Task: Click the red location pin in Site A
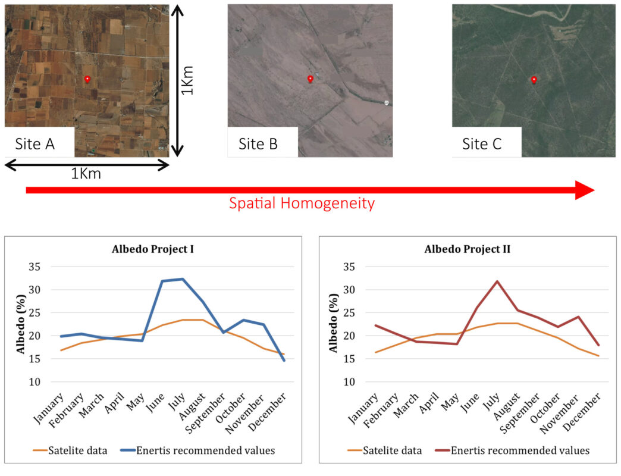click(87, 79)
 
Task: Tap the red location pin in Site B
click(310, 79)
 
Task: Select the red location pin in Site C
click(534, 80)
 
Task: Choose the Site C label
click(482, 144)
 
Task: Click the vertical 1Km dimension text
click(188, 80)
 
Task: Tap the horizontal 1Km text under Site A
click(86, 174)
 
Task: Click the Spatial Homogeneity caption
click(302, 203)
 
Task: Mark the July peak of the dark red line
click(497, 281)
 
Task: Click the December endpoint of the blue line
click(284, 361)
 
